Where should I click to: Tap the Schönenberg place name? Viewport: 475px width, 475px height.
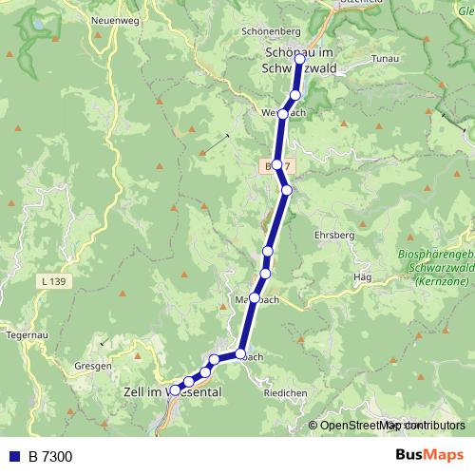[x=270, y=30]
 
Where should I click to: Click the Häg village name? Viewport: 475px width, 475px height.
[x=360, y=277]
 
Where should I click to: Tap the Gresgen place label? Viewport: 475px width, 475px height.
[x=94, y=366]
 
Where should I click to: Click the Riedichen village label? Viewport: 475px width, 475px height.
[x=286, y=391]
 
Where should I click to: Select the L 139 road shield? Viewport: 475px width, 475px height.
[x=55, y=282]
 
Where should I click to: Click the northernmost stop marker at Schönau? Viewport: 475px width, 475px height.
[x=300, y=59]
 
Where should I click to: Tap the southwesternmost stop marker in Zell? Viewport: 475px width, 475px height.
[x=175, y=389]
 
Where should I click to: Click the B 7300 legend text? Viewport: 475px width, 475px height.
[x=49, y=457]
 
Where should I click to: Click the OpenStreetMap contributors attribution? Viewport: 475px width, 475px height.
[x=391, y=426]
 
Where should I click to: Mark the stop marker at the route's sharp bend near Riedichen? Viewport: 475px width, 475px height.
[x=240, y=354]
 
